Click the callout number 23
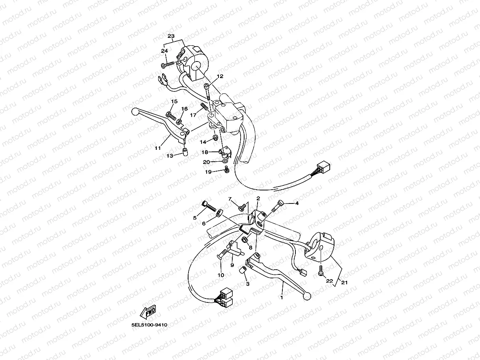point(171,36)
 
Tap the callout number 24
point(164,51)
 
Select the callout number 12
point(220,76)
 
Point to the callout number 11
point(158,148)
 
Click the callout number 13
point(170,156)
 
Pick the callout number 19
point(208,172)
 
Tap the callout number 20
point(207,162)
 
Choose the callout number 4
point(297,204)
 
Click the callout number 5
point(194,218)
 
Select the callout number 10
point(220,275)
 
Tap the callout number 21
point(345,283)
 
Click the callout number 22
point(330,281)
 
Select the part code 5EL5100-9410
point(149,325)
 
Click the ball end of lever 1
point(308,295)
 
